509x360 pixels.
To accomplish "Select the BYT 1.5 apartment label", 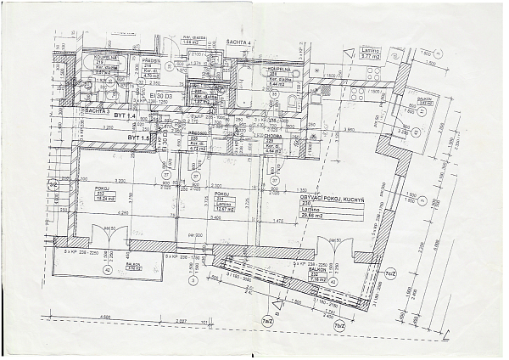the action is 139,136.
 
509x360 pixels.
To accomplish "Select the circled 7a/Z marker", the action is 267,320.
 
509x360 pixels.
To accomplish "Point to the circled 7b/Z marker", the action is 338,325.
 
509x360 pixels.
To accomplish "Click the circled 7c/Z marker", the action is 390,274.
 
